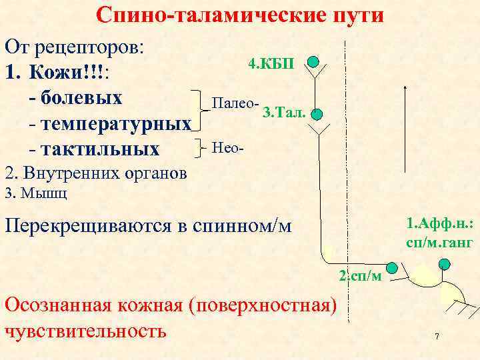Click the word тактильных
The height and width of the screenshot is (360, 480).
pos(100,149)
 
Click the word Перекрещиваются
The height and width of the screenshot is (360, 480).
pos(87,225)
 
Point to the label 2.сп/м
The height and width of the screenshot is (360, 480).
pos(360,276)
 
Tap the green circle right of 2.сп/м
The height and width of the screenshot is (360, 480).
pos(391,268)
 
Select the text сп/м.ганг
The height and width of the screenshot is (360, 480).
pos(439,243)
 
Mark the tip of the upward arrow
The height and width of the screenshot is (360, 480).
pos(406,86)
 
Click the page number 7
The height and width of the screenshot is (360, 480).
pos(437,337)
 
